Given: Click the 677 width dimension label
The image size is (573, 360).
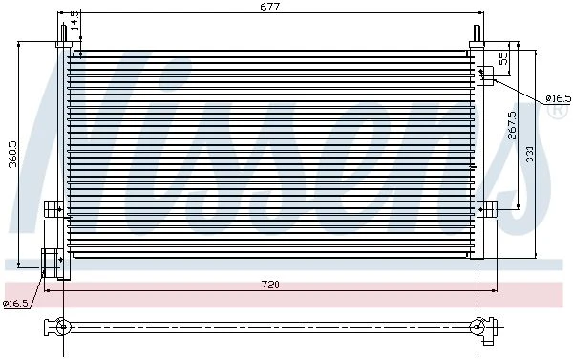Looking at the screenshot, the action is [x=270, y=7].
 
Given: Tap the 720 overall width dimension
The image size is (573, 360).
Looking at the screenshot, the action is [x=270, y=285].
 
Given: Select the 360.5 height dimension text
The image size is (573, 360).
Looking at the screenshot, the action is [x=13, y=155].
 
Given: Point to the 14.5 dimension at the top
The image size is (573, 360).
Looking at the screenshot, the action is [x=74, y=20].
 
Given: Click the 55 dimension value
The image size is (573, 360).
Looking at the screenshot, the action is [x=503, y=58].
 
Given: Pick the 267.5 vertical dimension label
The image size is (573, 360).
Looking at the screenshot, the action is [x=512, y=125].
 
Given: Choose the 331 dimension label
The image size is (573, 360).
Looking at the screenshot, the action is [x=529, y=154].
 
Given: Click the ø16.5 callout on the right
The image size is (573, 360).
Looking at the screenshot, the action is [x=558, y=98].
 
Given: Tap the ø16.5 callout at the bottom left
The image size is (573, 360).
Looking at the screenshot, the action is [x=15, y=303].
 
